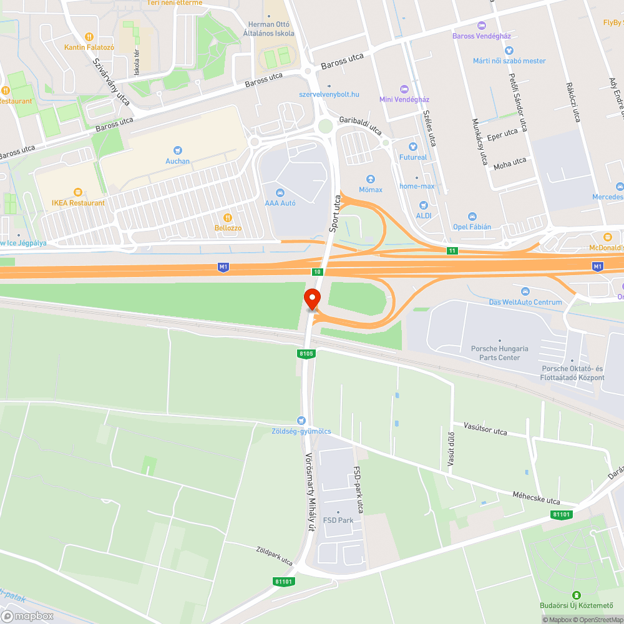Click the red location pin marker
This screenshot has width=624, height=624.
tap(313, 298)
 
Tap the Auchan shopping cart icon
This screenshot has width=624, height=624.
tap(178, 150)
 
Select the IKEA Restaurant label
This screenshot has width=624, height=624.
tap(78, 203)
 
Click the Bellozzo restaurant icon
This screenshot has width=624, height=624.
tap(228, 217)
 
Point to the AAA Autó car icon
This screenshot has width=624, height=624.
tap(280, 192)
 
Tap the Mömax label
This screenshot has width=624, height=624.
tap(371, 189)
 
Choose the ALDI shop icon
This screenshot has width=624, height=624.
tap(424, 205)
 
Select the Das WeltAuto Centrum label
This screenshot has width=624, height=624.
tap(525, 302)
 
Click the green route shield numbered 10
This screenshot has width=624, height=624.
tap(317, 271)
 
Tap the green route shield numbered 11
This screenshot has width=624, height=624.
tap(451, 250)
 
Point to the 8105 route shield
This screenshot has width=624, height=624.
tap(306, 354)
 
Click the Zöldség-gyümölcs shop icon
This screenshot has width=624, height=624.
tap(302, 421)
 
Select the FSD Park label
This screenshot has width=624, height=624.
tap(338, 520)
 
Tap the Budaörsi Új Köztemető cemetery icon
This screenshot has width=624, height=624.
tap(577, 595)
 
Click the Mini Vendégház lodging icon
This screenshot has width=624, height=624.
tap(404, 89)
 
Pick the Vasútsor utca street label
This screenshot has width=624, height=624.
tap(485, 429)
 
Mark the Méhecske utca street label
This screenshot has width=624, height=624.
tap(535, 497)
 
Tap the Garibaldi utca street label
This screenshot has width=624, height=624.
tap(360, 125)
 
